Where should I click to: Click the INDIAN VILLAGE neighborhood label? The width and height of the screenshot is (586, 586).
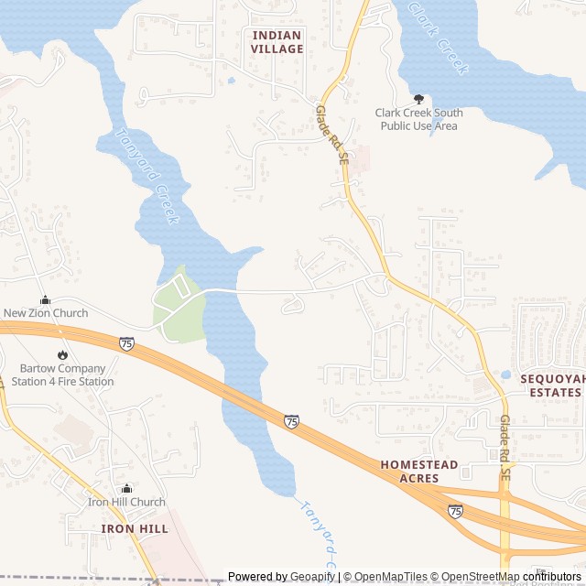277,42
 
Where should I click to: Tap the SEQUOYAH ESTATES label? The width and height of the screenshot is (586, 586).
550,385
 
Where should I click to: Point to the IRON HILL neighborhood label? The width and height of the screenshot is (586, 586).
135,529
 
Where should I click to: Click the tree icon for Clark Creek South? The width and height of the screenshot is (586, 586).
418,99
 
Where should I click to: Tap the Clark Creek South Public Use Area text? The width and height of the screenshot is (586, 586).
418,119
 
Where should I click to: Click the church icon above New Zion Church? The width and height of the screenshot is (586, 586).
45,299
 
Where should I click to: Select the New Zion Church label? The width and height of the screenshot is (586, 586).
46,313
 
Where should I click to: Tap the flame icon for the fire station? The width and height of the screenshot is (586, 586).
62,355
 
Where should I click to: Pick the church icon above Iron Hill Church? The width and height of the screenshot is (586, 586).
126,488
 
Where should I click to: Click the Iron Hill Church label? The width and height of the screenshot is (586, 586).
126,502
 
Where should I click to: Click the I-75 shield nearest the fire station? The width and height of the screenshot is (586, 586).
125,343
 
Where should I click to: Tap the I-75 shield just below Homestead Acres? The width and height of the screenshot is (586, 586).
455,511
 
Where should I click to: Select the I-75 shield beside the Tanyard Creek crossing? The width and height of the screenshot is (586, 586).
291,421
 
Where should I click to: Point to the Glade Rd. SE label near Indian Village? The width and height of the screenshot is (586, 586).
332,134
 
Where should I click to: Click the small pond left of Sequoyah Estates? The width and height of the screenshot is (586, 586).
505,374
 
